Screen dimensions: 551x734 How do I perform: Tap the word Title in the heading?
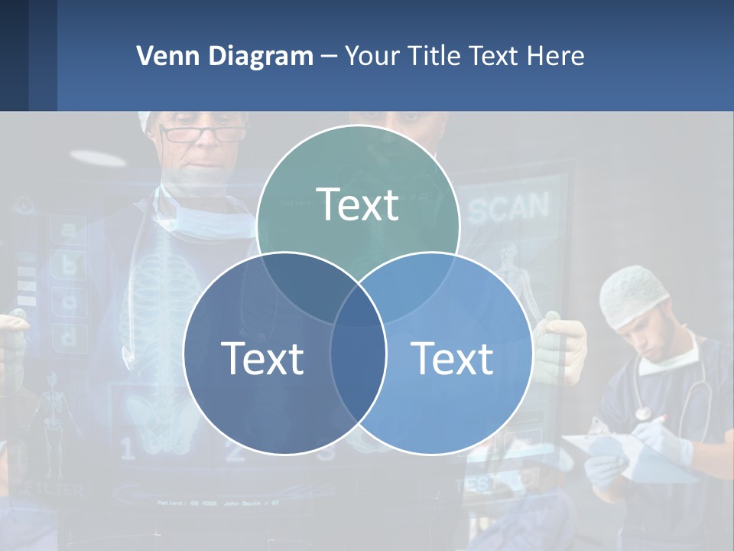tap(432, 56)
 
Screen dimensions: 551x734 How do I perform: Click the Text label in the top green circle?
tap(357, 205)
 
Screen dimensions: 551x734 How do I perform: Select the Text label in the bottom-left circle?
tap(262, 358)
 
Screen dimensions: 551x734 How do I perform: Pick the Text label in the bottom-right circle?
tap(452, 358)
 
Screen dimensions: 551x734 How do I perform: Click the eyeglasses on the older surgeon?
tap(201, 134)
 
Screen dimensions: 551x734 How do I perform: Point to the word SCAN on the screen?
tap(508, 208)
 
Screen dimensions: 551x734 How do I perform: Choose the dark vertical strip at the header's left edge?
tap(14, 55)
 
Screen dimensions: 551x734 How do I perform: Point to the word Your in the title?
tap(372, 56)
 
